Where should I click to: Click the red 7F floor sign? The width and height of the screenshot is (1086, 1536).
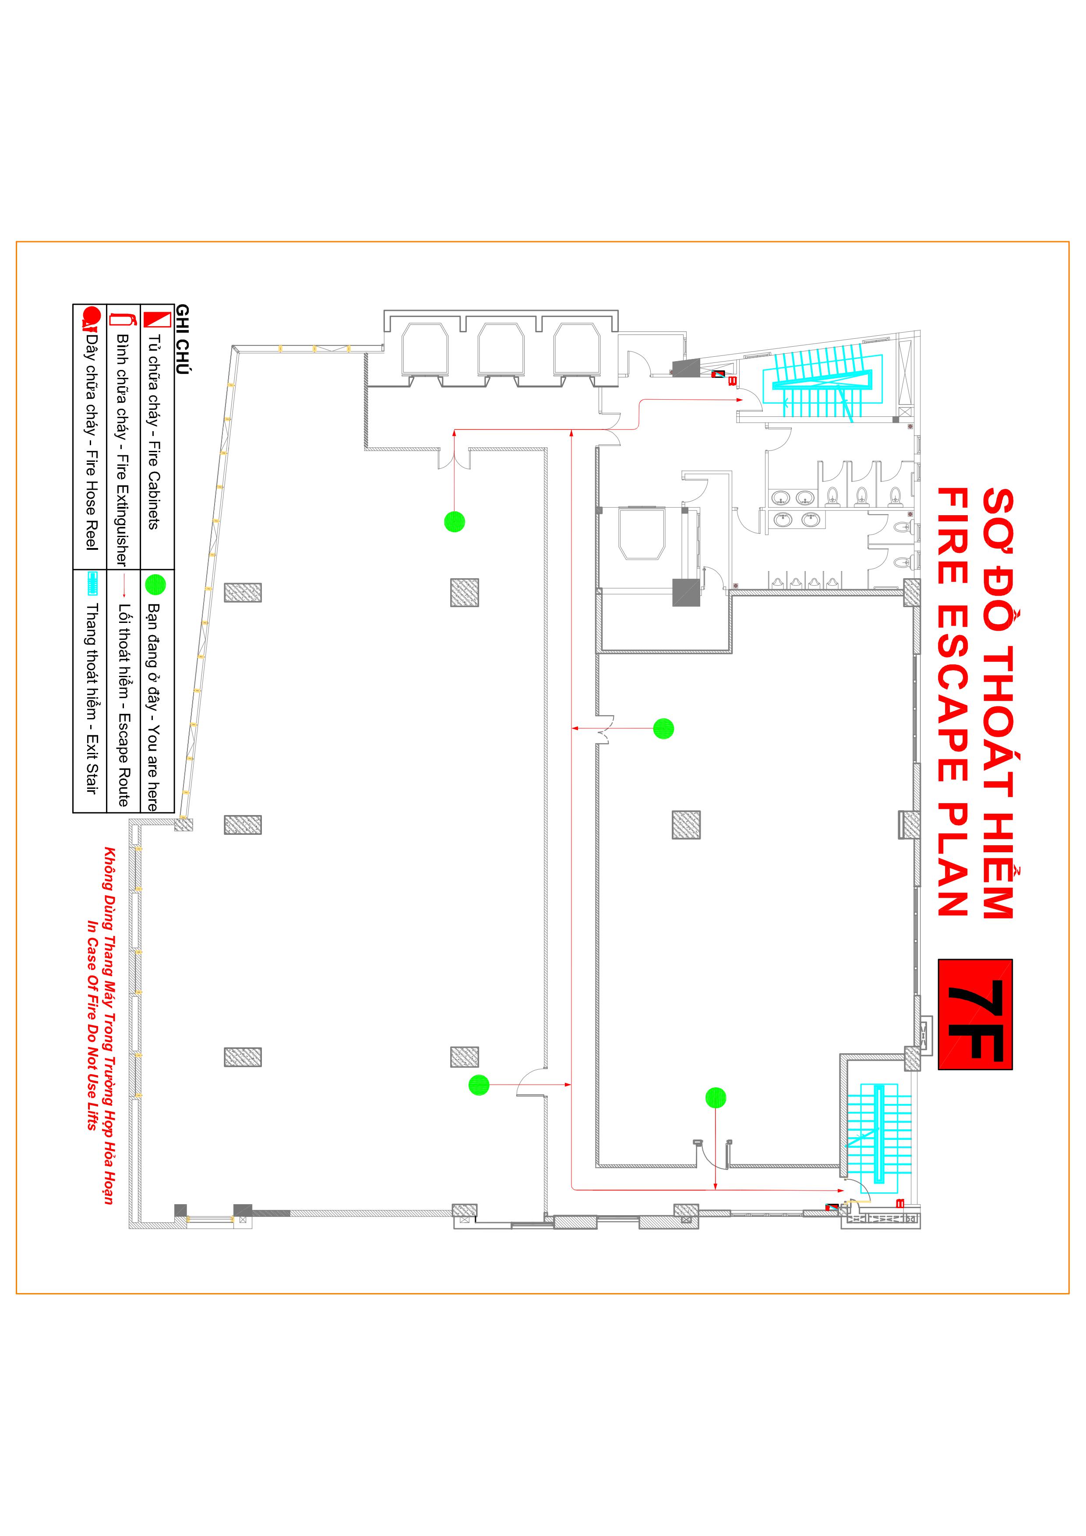975,1014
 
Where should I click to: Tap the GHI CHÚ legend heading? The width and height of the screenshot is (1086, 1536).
182,339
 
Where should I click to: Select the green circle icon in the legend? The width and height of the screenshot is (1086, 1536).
155,585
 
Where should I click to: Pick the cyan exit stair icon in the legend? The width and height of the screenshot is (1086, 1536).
92,583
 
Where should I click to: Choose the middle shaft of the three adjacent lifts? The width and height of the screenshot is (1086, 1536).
501,349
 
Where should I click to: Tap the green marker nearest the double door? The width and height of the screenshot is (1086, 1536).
455,521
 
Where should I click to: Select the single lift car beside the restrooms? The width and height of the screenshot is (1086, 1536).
642,533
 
